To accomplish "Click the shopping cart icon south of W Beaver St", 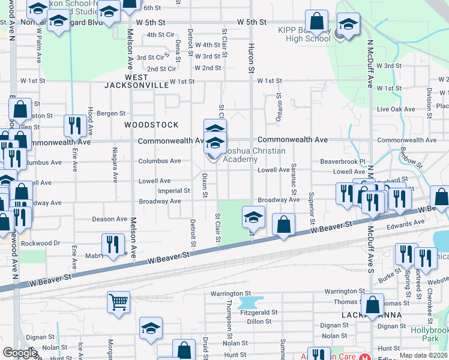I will pos(118,302).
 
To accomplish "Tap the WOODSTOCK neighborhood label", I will pos(151,125).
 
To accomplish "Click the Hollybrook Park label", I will pos(429,334).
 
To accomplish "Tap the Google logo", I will pos(20,353).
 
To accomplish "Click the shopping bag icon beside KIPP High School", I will pos(316,21).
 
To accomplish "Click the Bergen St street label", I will pos(111,113).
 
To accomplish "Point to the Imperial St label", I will pos(173,191).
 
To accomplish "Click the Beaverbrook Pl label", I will pos(343,161).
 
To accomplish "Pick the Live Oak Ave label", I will pos(396,109).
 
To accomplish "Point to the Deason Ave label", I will pos(110,219).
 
